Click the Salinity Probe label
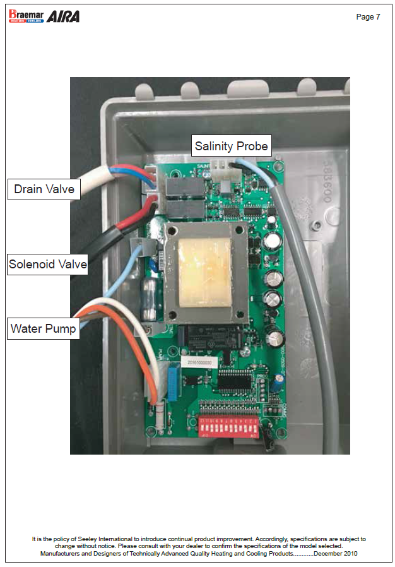[x=232, y=146]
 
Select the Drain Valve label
[x=44, y=188]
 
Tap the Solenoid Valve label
[x=48, y=264]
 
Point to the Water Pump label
[x=44, y=328]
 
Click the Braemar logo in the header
[x=26, y=16]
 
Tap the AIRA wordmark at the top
[x=64, y=16]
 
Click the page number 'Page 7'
[x=368, y=17]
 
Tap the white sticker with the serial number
[x=199, y=362]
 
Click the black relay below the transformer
[x=215, y=336]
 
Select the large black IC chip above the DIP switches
[x=237, y=383]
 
